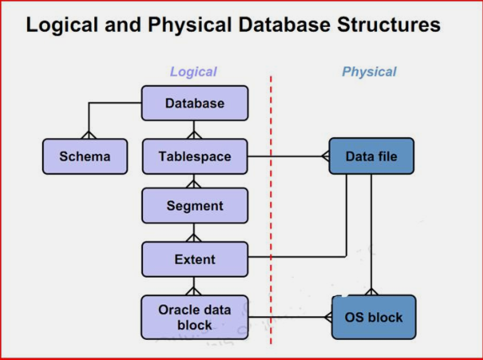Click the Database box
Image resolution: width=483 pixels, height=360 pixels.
pos(194,103)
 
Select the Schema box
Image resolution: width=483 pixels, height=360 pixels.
pos(85,156)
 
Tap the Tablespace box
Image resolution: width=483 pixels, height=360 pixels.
pos(194,156)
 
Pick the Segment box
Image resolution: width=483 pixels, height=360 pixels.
pos(194,205)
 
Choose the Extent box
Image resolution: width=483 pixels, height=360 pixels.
pos(194,259)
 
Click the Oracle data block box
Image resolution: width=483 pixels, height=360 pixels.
pos(194,317)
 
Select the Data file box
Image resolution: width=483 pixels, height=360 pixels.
pos(371,156)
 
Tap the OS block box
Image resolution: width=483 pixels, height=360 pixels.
pos(374,317)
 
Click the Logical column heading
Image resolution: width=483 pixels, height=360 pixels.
pos(194,71)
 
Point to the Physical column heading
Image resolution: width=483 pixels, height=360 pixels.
pos(369,71)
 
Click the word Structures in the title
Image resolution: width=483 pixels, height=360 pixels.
pos(389,24)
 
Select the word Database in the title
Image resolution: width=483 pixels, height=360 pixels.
pos(284,24)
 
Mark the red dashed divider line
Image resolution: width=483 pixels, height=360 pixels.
pos(271,210)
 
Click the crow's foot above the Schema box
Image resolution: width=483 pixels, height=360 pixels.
pos(88,135)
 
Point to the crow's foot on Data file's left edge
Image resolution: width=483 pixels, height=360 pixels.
pos(326,156)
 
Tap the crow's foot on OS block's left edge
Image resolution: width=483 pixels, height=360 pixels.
pos(328,317)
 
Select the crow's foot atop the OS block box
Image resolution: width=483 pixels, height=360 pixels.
pos(371,292)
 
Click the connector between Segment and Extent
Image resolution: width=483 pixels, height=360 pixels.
pos(194,232)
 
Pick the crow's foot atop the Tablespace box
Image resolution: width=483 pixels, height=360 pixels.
pos(194,135)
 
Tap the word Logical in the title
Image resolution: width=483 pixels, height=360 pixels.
pos(62,25)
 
